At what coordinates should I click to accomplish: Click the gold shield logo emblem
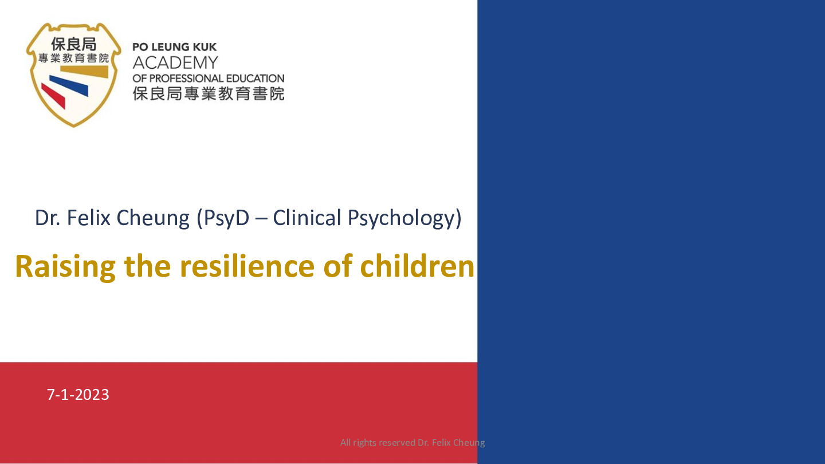(x=74, y=74)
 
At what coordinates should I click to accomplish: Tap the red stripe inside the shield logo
(x=53, y=96)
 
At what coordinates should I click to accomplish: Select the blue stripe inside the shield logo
(x=69, y=85)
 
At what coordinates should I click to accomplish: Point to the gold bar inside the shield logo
(x=84, y=72)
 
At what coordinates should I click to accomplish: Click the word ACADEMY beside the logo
(x=175, y=62)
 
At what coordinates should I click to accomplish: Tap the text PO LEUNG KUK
(x=175, y=47)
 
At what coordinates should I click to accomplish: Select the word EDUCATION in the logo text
(x=255, y=78)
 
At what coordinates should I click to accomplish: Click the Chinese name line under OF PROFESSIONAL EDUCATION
(x=209, y=93)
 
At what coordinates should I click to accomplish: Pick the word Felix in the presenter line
(x=88, y=218)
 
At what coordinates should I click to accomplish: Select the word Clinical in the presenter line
(x=307, y=218)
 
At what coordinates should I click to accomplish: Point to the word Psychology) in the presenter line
(x=404, y=219)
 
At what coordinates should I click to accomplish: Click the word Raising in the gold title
(x=65, y=267)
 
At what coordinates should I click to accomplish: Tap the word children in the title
(x=417, y=266)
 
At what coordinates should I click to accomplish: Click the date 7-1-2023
(x=78, y=394)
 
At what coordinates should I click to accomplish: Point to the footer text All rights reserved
(x=378, y=442)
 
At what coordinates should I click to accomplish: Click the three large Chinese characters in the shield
(x=74, y=44)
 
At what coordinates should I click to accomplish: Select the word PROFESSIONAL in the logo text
(x=186, y=78)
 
